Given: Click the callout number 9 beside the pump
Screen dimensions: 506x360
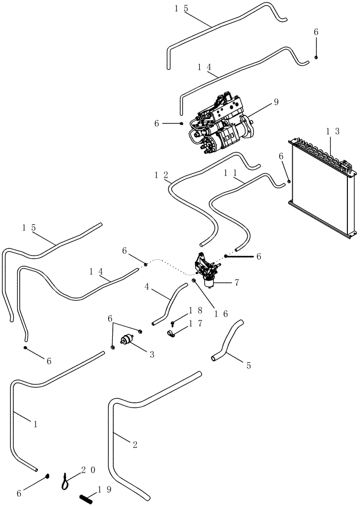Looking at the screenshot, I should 276,102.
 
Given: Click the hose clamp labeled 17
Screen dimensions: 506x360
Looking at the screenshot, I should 172,333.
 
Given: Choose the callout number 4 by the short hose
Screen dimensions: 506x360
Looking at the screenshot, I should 146,287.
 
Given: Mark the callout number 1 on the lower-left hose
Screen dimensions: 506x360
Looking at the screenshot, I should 35,425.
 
